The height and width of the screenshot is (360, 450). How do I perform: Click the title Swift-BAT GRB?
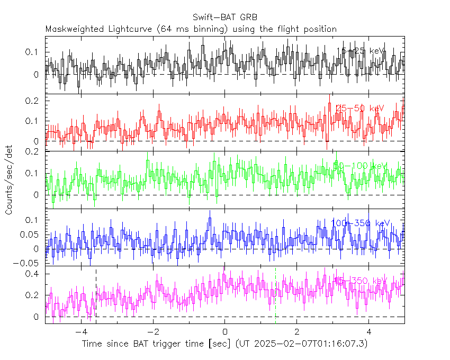click(225, 18)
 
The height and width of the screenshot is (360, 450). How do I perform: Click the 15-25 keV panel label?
click(361, 51)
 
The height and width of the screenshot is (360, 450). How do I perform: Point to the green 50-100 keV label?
click(361, 166)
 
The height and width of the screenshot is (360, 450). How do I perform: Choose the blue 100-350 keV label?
click(361, 223)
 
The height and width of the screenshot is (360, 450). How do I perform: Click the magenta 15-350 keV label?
click(361, 281)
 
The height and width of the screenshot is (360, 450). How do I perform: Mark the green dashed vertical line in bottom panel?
click(275, 296)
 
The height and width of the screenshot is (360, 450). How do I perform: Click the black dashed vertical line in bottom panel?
click(96, 296)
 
